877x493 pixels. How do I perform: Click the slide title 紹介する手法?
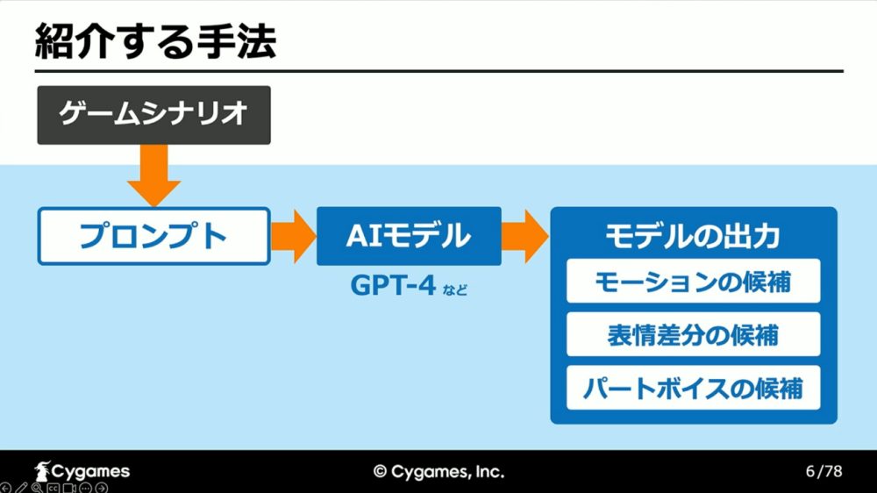(155, 42)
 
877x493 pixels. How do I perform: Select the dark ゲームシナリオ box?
(153, 115)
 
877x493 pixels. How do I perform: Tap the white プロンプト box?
(153, 236)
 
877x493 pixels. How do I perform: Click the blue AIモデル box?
(409, 236)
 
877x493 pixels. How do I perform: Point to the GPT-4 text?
(393, 285)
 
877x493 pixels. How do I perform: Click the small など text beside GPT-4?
(454, 289)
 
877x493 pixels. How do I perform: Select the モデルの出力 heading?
(693, 236)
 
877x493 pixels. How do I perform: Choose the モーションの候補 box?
(693, 281)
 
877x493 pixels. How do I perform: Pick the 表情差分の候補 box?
(693, 334)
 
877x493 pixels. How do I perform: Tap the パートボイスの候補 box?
(693, 388)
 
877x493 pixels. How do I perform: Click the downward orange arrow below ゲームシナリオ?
(153, 175)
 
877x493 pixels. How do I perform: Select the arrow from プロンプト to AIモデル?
(294, 236)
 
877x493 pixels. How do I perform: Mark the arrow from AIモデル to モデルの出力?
(525, 236)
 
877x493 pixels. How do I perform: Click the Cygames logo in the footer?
(82, 471)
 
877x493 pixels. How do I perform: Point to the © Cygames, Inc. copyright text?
(439, 472)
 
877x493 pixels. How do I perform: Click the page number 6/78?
(824, 471)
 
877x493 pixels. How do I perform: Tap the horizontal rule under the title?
(439, 71)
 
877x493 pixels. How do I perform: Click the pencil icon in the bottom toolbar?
(21, 488)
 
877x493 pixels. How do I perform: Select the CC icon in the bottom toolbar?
(53, 488)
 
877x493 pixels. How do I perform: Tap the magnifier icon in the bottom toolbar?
(37, 488)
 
